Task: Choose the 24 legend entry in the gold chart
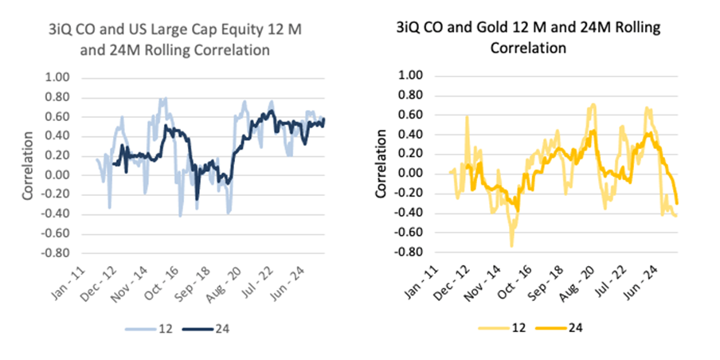(x=554, y=327)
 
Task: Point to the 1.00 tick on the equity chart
(x=58, y=78)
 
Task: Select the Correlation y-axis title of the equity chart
(x=29, y=166)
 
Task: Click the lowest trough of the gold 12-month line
(x=511, y=245)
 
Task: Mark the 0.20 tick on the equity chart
(x=58, y=156)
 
